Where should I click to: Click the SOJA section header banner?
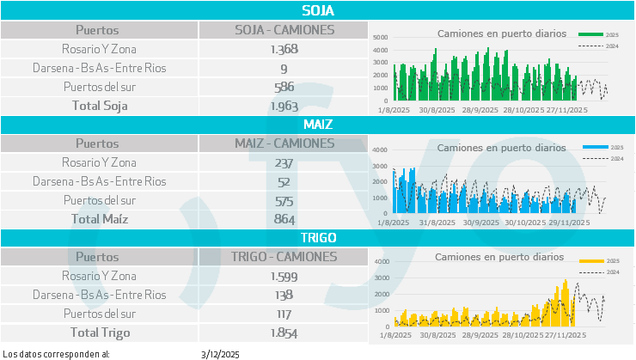click(x=318, y=11)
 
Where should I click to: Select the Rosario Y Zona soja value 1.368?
click(x=284, y=49)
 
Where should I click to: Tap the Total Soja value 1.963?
click(x=284, y=106)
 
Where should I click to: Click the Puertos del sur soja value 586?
click(x=284, y=87)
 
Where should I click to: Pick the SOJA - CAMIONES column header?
click(x=284, y=30)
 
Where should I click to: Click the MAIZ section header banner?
click(x=318, y=125)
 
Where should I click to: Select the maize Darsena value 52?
click(x=284, y=181)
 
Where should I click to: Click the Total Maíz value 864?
click(x=284, y=219)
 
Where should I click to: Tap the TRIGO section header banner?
click(x=318, y=237)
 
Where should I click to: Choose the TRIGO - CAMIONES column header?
click(x=284, y=256)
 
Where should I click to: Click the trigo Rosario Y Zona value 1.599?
click(x=284, y=276)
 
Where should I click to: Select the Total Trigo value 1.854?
click(x=284, y=333)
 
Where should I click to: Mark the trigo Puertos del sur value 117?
click(x=284, y=314)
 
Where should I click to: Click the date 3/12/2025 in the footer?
click(x=220, y=353)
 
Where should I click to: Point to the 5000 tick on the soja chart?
click(x=381, y=38)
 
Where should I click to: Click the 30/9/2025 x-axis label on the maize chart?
click(x=480, y=222)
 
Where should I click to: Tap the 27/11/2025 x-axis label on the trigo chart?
click(x=566, y=335)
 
